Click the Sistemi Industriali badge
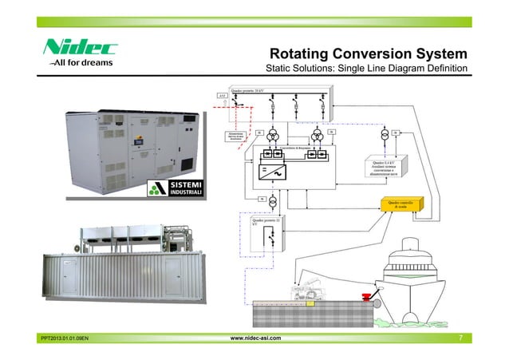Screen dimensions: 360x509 (181, 190)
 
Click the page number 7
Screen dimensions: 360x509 (461, 339)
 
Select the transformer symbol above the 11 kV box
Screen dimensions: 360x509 (273, 200)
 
